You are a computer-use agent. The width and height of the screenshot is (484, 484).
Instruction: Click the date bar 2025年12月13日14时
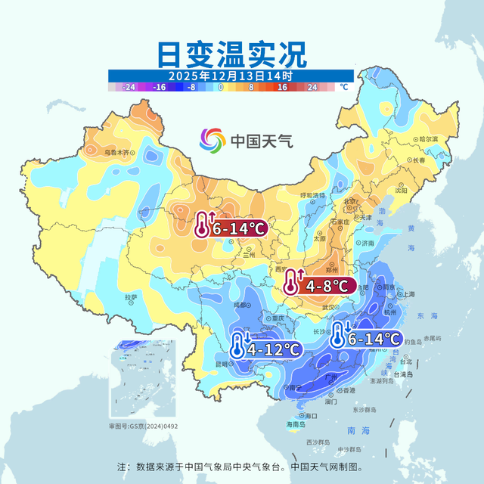coord(230,76)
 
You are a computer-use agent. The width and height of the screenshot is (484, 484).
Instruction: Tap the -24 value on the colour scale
coord(130,88)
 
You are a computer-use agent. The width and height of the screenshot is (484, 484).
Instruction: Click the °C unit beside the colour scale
coord(344,88)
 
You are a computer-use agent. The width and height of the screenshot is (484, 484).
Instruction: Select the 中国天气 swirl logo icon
coord(213,140)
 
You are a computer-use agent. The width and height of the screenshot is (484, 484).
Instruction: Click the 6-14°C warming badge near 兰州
coord(230,226)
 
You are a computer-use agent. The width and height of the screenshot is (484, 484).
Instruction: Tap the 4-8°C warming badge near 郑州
coord(318,286)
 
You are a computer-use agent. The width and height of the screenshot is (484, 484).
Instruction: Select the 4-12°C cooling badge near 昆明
coord(265,349)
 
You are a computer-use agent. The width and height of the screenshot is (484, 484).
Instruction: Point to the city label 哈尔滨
coord(428,139)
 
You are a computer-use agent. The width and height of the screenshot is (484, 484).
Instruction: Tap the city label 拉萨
coord(131,297)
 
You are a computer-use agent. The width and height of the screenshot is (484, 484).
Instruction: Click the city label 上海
coord(409,294)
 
